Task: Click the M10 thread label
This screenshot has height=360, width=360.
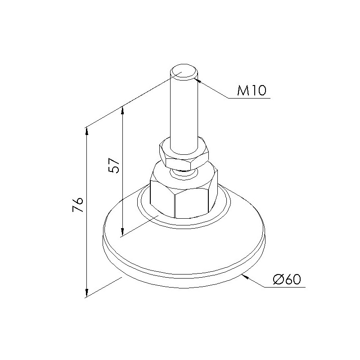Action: tap(252, 90)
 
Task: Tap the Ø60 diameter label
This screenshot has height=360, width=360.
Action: tap(287, 279)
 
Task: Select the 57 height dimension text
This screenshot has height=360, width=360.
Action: tap(114, 166)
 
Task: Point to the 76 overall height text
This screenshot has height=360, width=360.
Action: tap(77, 205)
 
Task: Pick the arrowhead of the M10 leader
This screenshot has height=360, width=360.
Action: tap(198, 80)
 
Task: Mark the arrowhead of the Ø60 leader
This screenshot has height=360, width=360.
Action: tap(245, 277)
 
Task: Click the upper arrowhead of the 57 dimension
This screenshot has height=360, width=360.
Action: tap(122, 110)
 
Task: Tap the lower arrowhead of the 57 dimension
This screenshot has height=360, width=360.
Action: tap(122, 232)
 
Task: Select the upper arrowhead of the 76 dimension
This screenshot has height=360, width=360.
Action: tap(86, 131)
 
